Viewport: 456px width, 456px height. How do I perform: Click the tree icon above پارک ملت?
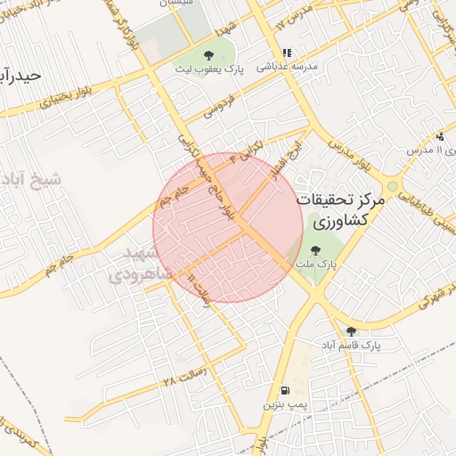click(317, 250)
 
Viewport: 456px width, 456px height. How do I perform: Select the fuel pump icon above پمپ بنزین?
click(284, 390)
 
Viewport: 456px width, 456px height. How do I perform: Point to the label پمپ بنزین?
click(284, 404)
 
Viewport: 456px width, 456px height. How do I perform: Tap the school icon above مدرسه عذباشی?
click(286, 53)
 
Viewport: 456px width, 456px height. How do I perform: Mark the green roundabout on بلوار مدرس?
click(393, 187)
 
